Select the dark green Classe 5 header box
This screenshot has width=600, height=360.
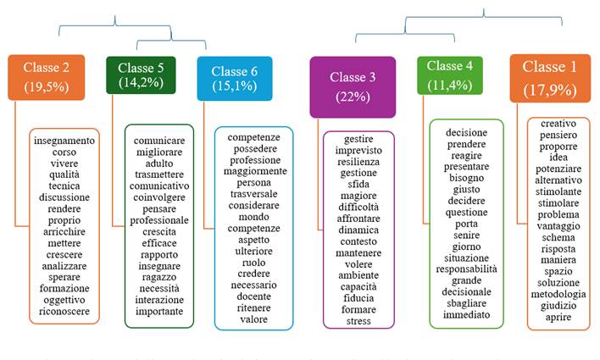(142, 75)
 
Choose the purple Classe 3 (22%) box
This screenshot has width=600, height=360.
(352, 86)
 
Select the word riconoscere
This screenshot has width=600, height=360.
(65, 313)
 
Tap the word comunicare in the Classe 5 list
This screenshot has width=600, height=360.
(159, 140)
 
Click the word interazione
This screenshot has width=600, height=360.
(159, 299)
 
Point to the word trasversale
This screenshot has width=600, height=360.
(254, 194)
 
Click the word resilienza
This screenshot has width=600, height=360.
(358, 161)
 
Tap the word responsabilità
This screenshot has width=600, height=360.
(466, 269)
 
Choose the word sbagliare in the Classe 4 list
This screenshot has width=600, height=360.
(466, 303)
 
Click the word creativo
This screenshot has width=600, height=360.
(558, 123)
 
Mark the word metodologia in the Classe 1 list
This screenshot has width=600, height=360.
(558, 295)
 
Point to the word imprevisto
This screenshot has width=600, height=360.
(358, 150)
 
